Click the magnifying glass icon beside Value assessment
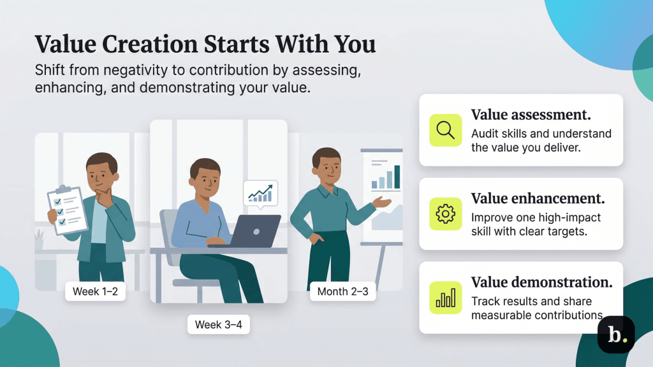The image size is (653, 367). [x=445, y=130]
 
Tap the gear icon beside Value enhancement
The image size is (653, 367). [x=445, y=213]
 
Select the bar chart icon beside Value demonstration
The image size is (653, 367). [x=445, y=298]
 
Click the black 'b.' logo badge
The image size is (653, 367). [x=615, y=335]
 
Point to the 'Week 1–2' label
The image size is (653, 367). [x=95, y=292]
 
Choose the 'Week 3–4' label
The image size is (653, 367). [x=218, y=324]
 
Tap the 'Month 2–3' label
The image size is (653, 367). [x=342, y=293]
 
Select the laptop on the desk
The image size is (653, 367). [x=254, y=230]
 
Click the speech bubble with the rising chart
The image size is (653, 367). [x=260, y=193]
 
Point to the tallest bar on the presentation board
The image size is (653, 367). [x=397, y=177]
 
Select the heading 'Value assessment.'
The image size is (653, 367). [x=531, y=115]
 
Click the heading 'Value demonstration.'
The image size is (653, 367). [x=541, y=282]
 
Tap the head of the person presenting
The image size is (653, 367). [x=326, y=164]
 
